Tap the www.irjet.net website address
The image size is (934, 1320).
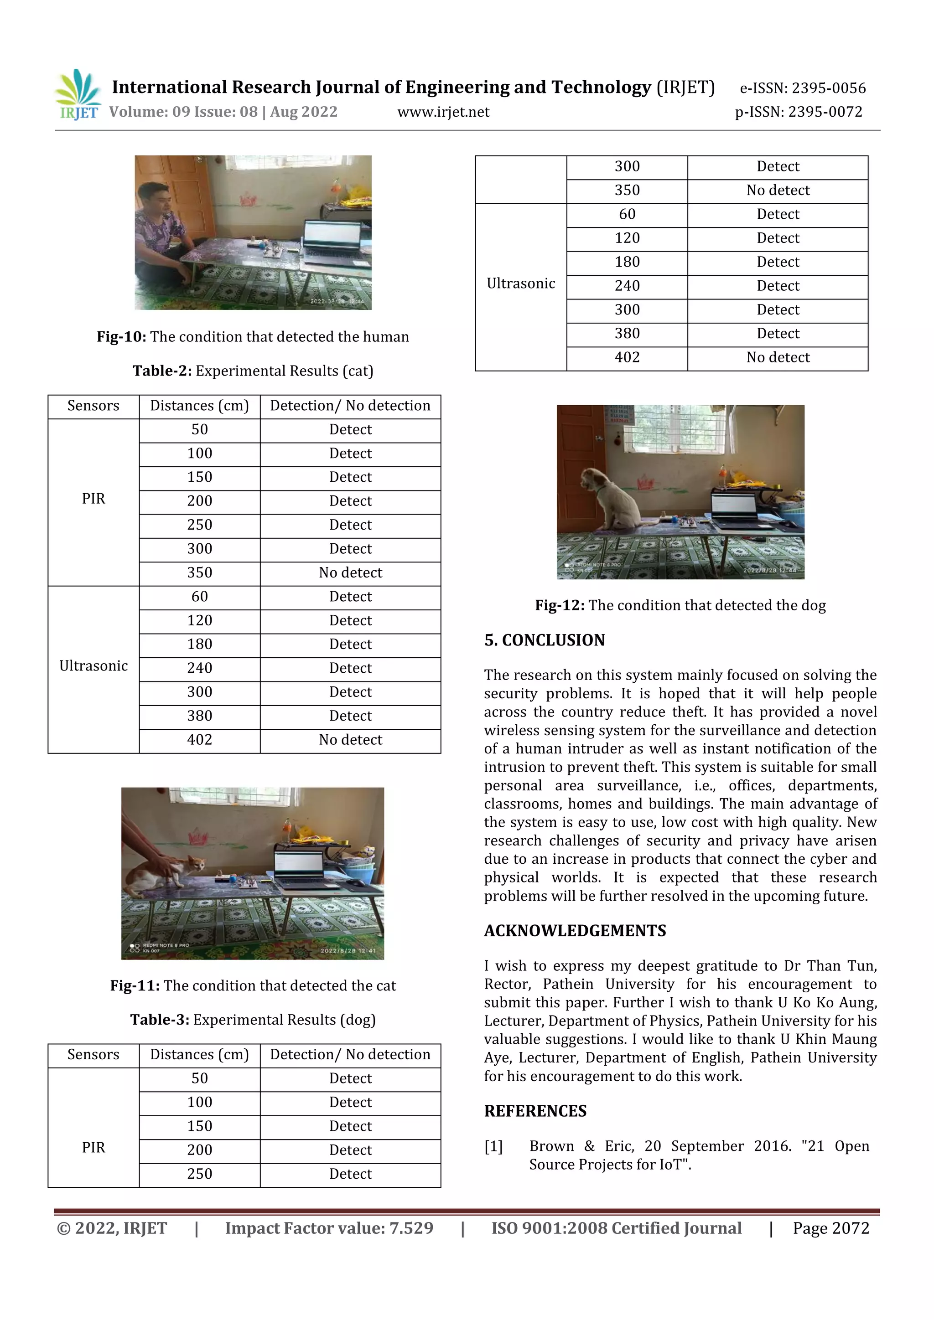click(443, 112)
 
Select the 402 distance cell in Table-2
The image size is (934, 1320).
click(200, 740)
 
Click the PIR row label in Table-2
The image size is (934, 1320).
click(93, 499)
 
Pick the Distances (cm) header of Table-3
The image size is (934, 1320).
click(200, 1054)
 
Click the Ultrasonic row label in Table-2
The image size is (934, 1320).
click(93, 666)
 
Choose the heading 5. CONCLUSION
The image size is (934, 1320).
click(544, 640)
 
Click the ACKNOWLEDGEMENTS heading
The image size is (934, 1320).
click(575, 931)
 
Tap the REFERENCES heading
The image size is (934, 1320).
click(535, 1111)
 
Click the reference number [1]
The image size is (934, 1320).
click(493, 1146)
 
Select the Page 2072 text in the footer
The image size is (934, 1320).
click(830, 1228)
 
